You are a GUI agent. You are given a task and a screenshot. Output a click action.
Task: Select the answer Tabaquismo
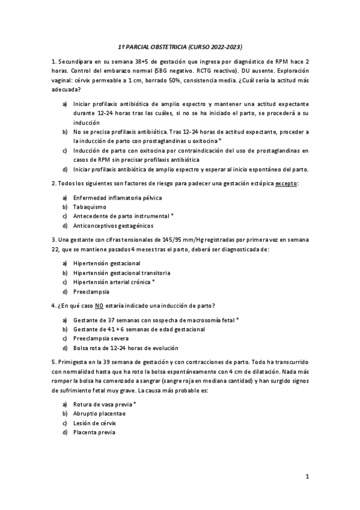click(90, 206)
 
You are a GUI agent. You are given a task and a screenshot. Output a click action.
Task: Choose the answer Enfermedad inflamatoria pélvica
click(117, 197)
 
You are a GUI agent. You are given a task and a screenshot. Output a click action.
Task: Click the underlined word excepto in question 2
click(287, 183)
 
